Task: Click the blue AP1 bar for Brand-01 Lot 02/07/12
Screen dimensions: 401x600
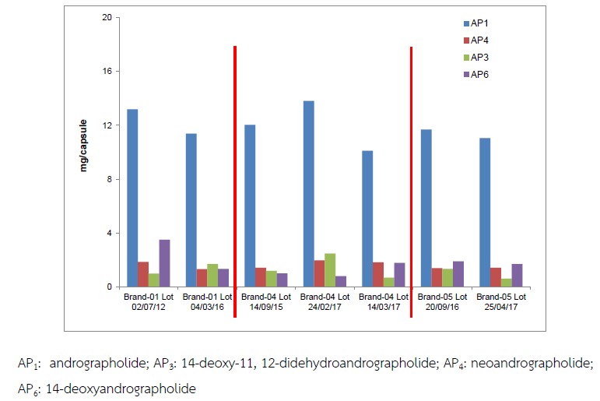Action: pos(132,198)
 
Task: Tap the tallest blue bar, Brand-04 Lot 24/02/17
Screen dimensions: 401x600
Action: pos(308,194)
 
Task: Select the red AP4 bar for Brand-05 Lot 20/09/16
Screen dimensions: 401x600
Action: pos(437,277)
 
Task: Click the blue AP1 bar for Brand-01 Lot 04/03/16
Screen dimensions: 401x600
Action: pos(191,210)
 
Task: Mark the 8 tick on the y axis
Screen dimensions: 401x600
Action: pos(111,179)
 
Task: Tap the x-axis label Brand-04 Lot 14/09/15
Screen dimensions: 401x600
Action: pos(265,302)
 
